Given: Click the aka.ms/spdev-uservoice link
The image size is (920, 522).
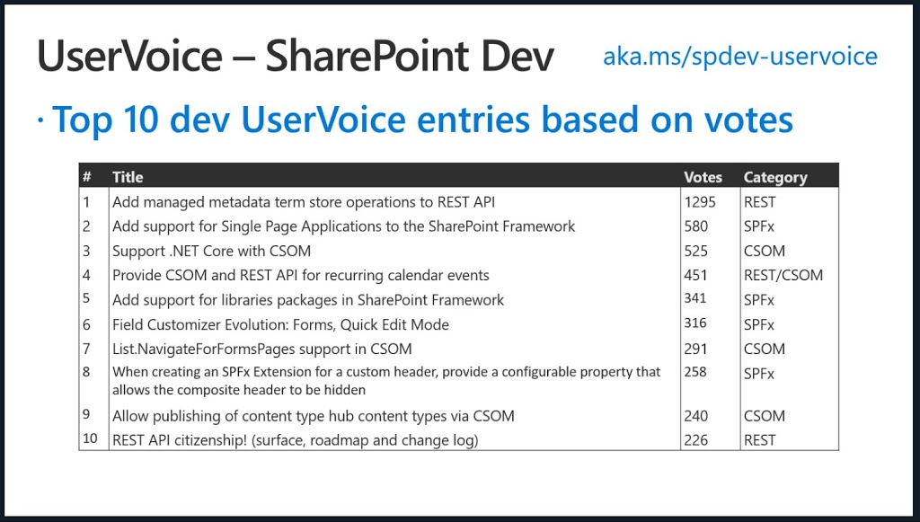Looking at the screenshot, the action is pos(740,57).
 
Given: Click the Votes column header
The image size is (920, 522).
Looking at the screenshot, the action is pos(703,177).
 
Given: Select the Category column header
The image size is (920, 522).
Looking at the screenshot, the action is pos(775,178).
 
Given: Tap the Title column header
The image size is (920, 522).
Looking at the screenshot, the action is pos(128,177).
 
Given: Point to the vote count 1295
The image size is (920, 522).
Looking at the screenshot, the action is pos(700,202).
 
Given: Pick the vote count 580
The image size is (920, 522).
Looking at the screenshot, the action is pos(696,226).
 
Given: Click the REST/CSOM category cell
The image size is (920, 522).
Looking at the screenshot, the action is pos(783,275).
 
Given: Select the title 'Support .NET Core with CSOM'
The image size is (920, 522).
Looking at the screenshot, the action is pos(211,251).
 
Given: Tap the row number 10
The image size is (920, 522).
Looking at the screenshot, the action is pos(90,438).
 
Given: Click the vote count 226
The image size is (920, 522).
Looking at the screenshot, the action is pos(696,440).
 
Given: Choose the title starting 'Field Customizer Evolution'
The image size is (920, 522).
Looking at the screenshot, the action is pos(280,325).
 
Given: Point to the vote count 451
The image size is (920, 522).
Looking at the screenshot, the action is pos(696,275).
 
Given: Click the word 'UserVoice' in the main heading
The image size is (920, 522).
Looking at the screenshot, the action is pos(129,57).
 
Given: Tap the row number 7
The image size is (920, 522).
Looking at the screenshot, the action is pos(86,349).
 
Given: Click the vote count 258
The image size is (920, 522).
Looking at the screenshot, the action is pos(696,372).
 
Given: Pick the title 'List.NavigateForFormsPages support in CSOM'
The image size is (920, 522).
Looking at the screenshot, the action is pos(261,349).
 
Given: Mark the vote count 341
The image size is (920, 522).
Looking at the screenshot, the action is pos(695,298).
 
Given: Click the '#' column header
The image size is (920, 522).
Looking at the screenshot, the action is pos(87,177).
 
